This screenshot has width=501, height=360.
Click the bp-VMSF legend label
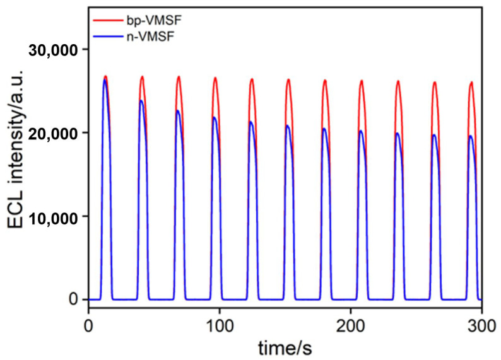[x=154, y=20]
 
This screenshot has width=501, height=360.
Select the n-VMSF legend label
[x=151, y=37]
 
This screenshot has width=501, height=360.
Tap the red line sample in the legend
[x=108, y=20]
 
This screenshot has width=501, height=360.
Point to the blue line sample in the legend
[x=108, y=37]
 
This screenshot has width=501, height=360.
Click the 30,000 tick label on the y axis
[x=54, y=50]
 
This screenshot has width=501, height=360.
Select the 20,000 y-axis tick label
[x=54, y=134]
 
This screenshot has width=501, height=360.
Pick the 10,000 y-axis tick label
[x=54, y=218]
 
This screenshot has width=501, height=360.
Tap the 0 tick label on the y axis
[x=73, y=299]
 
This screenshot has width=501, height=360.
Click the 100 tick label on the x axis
[x=220, y=327]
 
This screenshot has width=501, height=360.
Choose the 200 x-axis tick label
[x=350, y=327]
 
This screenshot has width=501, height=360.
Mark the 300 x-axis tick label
[x=482, y=327]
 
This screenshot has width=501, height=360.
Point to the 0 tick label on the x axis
[x=88, y=327]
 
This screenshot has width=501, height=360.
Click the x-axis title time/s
[x=285, y=347]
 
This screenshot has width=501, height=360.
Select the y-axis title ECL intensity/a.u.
[x=15, y=149]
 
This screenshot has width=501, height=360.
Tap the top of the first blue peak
[x=105, y=80]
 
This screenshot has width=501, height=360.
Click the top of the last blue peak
[x=470, y=136]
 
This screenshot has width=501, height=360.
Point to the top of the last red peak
[x=471, y=83]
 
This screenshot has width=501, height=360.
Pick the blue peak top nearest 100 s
[x=215, y=117]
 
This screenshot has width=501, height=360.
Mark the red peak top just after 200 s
[x=362, y=81]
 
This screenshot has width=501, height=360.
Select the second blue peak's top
[x=141, y=100]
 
